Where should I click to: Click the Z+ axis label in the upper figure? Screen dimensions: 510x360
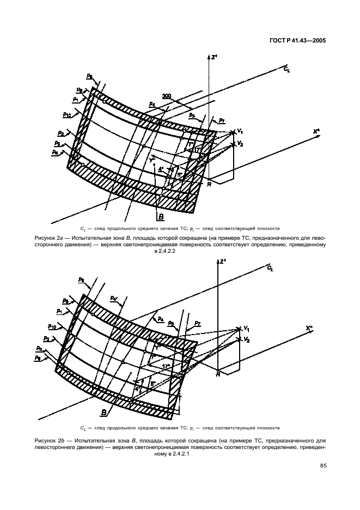point(215,56)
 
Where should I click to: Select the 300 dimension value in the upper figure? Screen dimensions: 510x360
point(167,96)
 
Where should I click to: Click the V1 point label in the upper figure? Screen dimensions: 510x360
point(239,132)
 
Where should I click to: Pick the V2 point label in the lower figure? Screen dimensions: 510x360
point(247,339)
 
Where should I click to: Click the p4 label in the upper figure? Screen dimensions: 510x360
point(152,104)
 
